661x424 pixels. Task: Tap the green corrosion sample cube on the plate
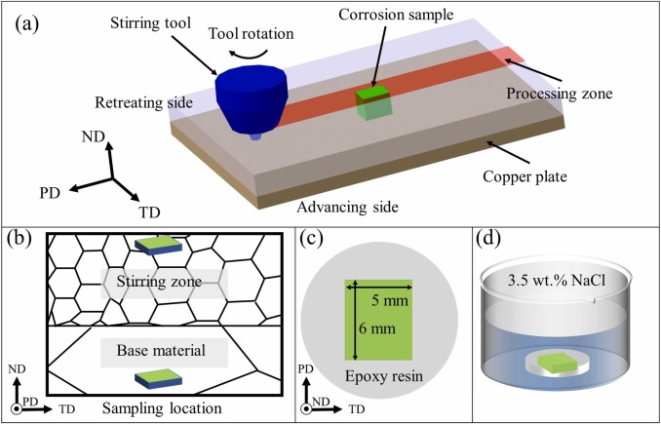(371, 101)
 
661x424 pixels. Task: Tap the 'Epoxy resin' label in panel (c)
(378, 375)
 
